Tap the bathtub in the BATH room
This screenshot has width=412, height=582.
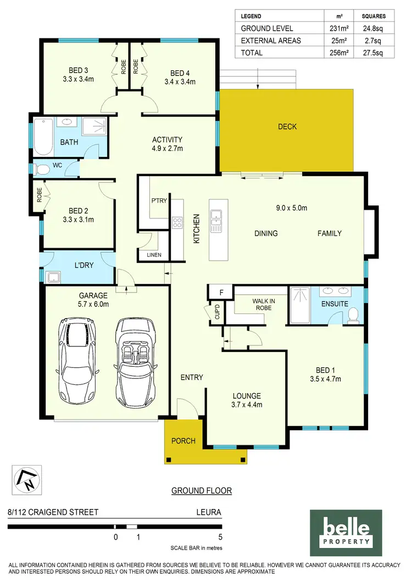point(42,138)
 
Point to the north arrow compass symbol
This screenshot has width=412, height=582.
point(26,479)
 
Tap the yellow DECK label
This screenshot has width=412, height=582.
point(287,127)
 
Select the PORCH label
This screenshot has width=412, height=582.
point(183,441)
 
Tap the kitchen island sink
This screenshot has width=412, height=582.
point(216,214)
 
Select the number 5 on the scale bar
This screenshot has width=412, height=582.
point(220,537)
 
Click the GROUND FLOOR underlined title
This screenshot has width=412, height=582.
point(202,490)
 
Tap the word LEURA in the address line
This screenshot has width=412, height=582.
point(209,512)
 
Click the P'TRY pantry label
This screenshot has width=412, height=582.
point(159,201)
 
